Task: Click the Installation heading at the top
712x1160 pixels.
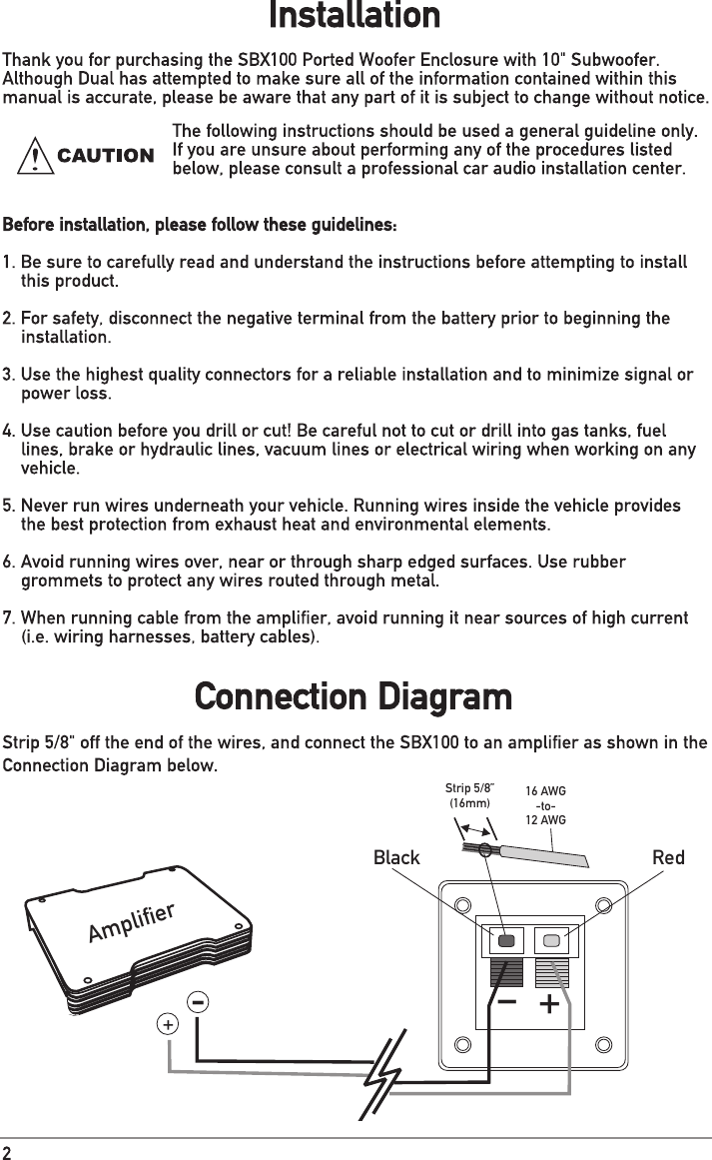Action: (x=355, y=17)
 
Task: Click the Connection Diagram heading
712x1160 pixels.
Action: (x=355, y=695)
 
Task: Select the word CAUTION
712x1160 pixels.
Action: (x=106, y=157)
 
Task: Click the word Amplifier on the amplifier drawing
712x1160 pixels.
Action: (x=132, y=922)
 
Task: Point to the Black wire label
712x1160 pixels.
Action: (x=396, y=858)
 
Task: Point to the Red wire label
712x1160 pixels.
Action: (x=668, y=858)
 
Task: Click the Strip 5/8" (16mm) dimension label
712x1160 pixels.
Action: (x=469, y=795)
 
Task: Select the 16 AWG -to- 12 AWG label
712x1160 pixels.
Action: (x=545, y=805)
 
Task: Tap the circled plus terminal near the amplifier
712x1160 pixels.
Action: (x=169, y=1025)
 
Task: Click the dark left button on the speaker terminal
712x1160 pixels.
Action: (x=507, y=940)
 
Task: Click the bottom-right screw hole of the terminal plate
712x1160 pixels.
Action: (x=602, y=1045)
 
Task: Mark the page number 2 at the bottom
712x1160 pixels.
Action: (x=7, y=1149)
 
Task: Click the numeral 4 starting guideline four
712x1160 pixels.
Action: (x=8, y=431)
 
